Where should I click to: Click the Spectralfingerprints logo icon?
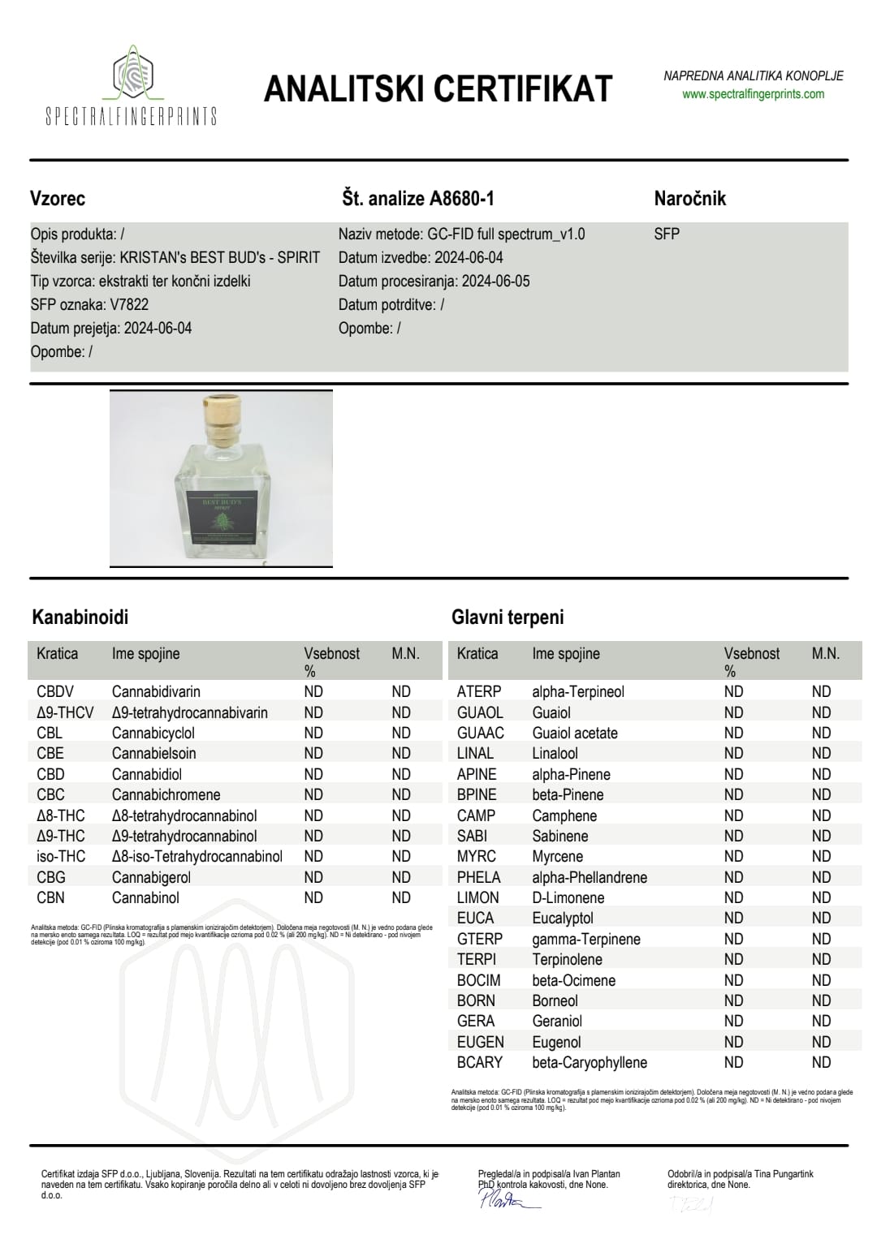(132, 74)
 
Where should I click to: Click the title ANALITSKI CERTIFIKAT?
(438, 88)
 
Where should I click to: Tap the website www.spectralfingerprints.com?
(753, 94)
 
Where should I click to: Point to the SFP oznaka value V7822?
(129, 305)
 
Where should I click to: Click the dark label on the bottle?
(222, 517)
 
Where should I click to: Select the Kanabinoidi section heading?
(80, 617)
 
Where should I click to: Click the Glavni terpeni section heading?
(508, 617)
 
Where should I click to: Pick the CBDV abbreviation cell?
(55, 692)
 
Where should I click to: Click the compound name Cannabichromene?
(166, 795)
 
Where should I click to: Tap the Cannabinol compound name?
(145, 898)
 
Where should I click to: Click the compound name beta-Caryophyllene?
(590, 1063)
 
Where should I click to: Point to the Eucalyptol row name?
(563, 918)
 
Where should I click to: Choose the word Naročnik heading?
(689, 199)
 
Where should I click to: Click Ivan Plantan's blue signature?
(508, 1199)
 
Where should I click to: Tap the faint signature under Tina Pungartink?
(690, 1206)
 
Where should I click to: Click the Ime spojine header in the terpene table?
(566, 654)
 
